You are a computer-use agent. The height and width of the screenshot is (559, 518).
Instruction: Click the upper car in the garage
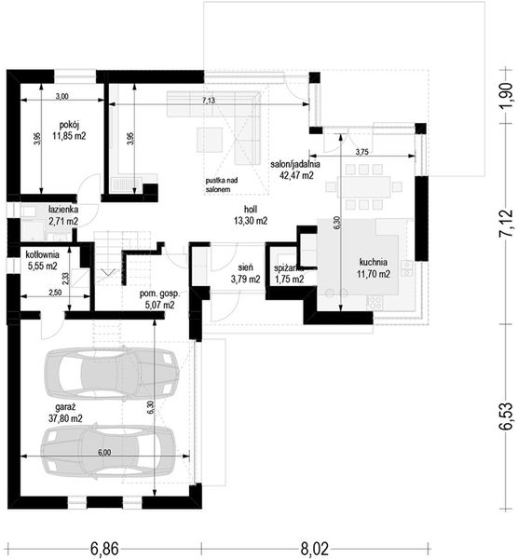[113, 375]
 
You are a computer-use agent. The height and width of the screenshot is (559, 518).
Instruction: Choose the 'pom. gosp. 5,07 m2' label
[158, 297]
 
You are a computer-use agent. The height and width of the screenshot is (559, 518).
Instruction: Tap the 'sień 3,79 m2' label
[244, 270]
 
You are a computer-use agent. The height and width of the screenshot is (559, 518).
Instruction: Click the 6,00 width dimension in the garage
[102, 453]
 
